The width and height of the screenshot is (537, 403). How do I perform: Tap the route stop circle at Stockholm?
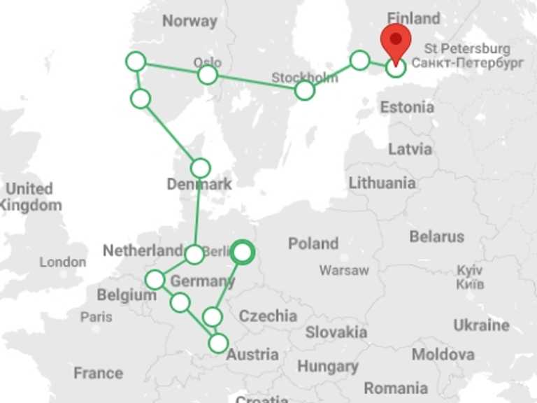(x=305, y=90)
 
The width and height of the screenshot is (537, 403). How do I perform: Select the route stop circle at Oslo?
(x=208, y=75)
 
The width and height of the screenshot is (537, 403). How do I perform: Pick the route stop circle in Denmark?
(x=201, y=168)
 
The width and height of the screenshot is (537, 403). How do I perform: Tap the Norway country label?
(x=189, y=21)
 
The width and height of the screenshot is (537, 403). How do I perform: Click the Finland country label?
(x=414, y=18)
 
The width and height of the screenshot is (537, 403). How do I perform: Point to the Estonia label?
(x=407, y=108)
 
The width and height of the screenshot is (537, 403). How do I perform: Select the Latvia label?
(x=410, y=149)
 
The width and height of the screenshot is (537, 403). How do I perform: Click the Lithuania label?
(x=382, y=183)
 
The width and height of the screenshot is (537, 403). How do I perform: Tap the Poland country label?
(x=313, y=243)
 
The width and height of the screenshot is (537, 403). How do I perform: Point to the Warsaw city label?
(x=344, y=270)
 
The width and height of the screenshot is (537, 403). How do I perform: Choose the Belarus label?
(x=437, y=236)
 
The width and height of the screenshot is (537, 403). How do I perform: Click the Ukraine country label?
(x=481, y=325)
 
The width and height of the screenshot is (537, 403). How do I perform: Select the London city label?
(x=63, y=262)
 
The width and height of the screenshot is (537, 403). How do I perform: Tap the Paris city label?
(x=96, y=316)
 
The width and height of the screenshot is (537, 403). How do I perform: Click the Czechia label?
(x=268, y=316)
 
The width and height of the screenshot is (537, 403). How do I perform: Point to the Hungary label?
(x=328, y=366)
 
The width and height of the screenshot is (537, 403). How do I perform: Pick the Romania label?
(x=396, y=388)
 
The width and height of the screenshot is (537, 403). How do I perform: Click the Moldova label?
(x=443, y=355)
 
